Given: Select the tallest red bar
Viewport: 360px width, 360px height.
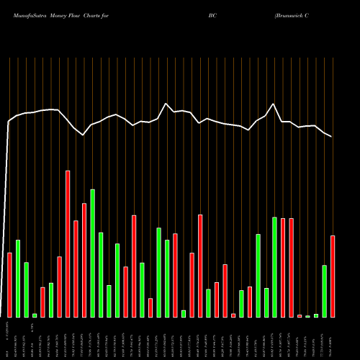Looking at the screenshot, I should [68, 244].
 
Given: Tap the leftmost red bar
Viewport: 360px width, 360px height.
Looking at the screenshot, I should [9, 285].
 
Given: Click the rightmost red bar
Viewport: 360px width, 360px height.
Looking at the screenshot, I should [333, 276].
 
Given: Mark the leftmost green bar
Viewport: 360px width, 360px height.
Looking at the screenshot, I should [18, 279].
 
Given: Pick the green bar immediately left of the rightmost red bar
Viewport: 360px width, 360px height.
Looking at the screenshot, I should [325, 292].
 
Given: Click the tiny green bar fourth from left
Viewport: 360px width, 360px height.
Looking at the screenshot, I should [35, 315].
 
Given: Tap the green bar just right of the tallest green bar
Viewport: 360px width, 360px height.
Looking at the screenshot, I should [101, 275].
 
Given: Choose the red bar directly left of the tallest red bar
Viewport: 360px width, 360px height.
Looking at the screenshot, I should [60, 287].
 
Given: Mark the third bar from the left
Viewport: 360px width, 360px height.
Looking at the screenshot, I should [26, 290].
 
